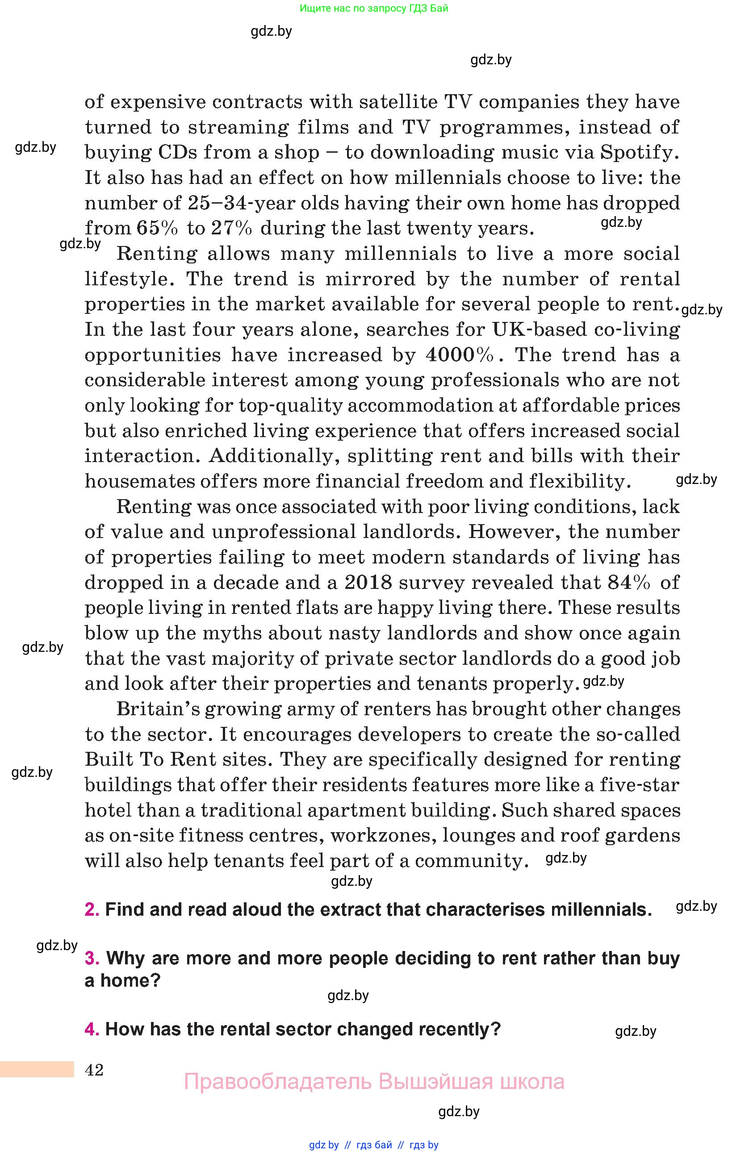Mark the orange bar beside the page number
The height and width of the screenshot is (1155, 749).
tap(37, 1070)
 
